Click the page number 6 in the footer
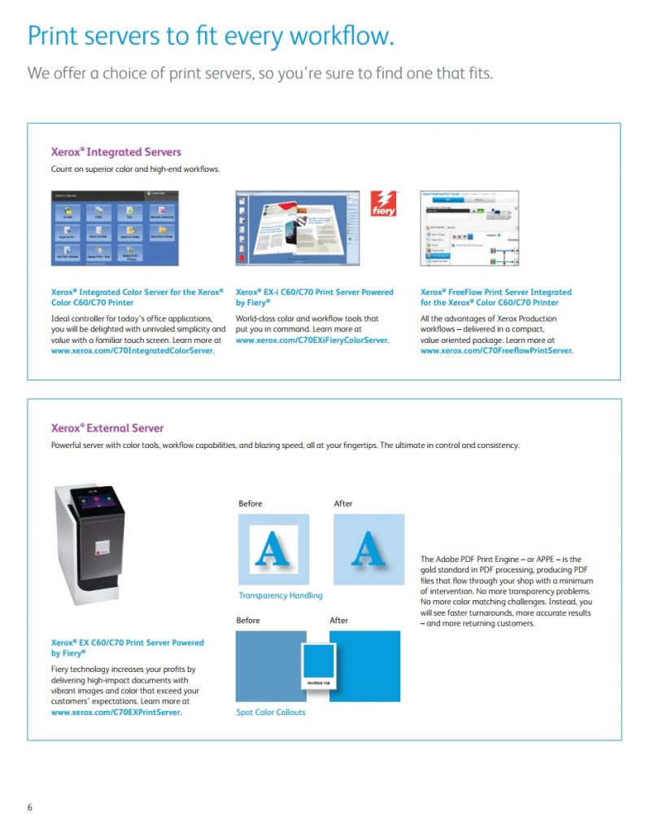30,807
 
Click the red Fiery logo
383,204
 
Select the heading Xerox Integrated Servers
116,151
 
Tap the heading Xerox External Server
107,428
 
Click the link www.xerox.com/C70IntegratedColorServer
133,351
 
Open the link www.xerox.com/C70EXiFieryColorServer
312,340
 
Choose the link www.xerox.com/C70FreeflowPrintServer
496,351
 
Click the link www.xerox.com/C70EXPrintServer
116,712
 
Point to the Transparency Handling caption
280,595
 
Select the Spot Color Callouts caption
271,713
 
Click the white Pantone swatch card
317,666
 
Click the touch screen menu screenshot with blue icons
114,228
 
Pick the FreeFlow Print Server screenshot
469,228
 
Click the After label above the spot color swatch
339,621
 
